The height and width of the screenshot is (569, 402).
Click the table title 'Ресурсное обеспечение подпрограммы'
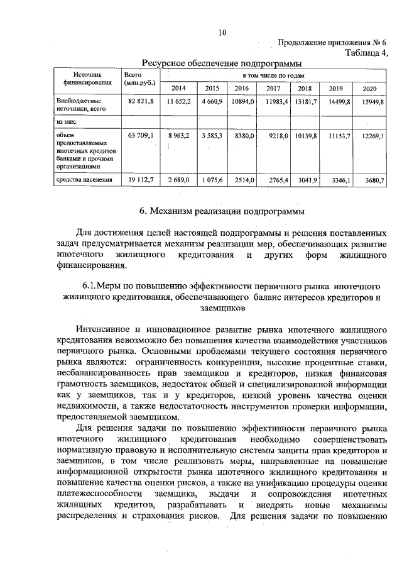tap(222, 63)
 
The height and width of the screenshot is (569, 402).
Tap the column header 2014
tap(178, 88)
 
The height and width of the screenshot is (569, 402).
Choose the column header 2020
tap(369, 88)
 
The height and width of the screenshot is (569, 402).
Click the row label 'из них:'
tap(67, 122)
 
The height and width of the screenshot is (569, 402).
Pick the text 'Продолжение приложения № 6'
tap(333, 42)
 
